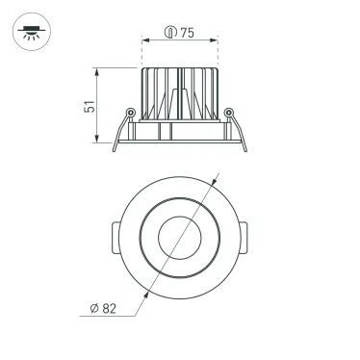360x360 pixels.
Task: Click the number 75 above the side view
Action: [x=187, y=33]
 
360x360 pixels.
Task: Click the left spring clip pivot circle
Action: [x=130, y=115]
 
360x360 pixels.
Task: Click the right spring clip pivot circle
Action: [x=228, y=115]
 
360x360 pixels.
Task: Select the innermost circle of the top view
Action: [x=180, y=239]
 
